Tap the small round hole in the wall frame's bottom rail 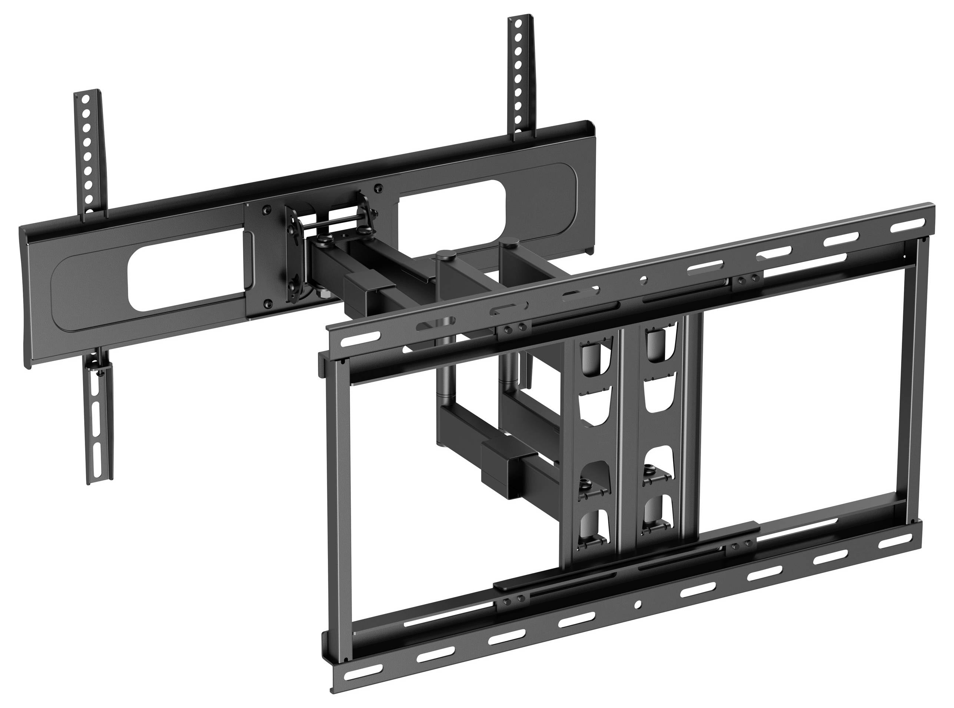coord(638,604)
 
